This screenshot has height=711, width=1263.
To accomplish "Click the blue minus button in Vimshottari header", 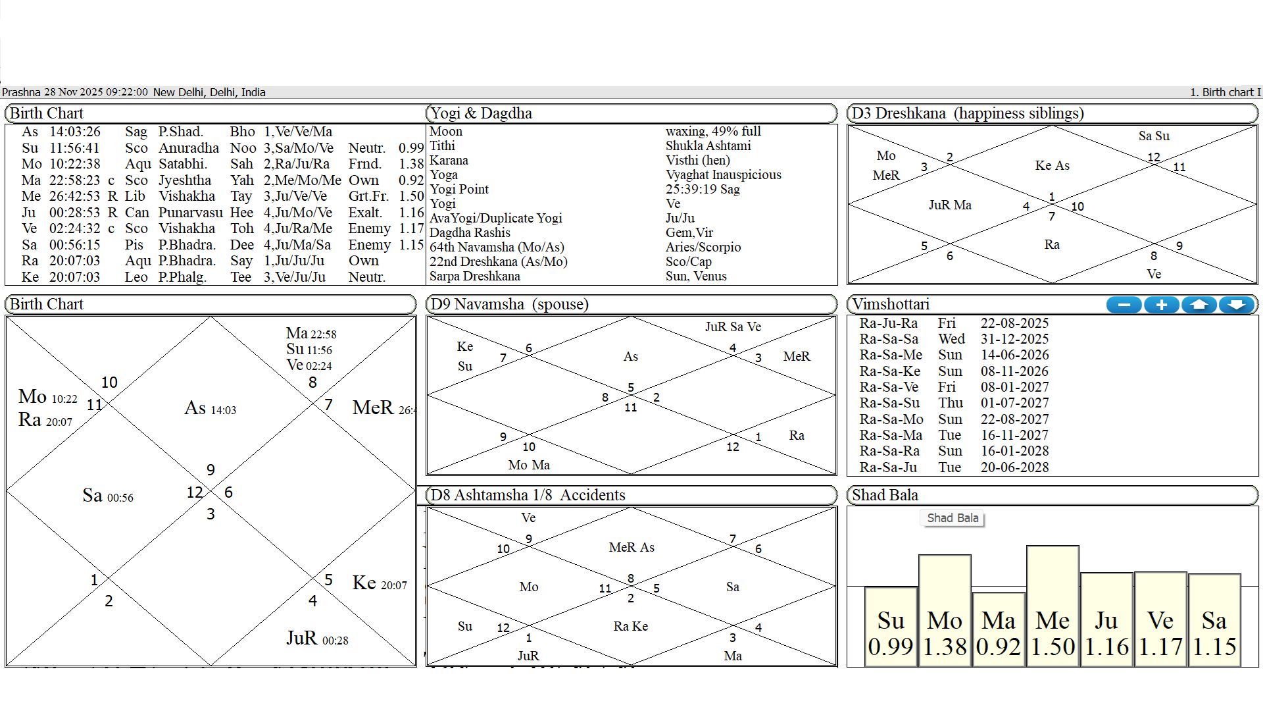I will (x=1124, y=305).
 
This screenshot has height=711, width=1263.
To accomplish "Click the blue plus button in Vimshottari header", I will (x=1162, y=305).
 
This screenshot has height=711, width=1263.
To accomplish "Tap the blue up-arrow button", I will (x=1199, y=305).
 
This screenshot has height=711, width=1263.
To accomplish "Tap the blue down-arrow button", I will (x=1237, y=305).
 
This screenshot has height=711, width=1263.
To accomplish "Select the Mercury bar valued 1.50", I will (x=1052, y=606).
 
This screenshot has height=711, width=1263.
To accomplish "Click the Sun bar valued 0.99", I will (x=891, y=625).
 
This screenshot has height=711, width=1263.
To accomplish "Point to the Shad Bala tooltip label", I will (x=953, y=518).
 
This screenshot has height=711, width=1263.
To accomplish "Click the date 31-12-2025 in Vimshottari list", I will (x=1014, y=339).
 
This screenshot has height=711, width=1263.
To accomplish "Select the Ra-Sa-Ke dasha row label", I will (x=889, y=371).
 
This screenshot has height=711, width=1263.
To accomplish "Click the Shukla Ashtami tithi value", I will (x=708, y=146).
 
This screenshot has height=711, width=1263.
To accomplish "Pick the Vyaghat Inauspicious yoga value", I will (x=723, y=175).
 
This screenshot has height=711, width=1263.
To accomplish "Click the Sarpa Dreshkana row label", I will (x=474, y=276).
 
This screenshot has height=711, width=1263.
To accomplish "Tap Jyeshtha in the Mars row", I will (x=184, y=180).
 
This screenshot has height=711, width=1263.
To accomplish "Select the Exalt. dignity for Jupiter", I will (x=365, y=213).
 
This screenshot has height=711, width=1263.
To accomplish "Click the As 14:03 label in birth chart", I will (x=210, y=409).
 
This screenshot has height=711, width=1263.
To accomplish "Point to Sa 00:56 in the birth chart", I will (x=107, y=496).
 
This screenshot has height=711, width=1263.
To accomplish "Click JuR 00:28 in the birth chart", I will (x=317, y=639).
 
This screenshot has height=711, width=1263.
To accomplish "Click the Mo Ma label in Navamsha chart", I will (x=529, y=465).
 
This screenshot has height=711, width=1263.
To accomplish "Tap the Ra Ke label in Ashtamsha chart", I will (x=630, y=626).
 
